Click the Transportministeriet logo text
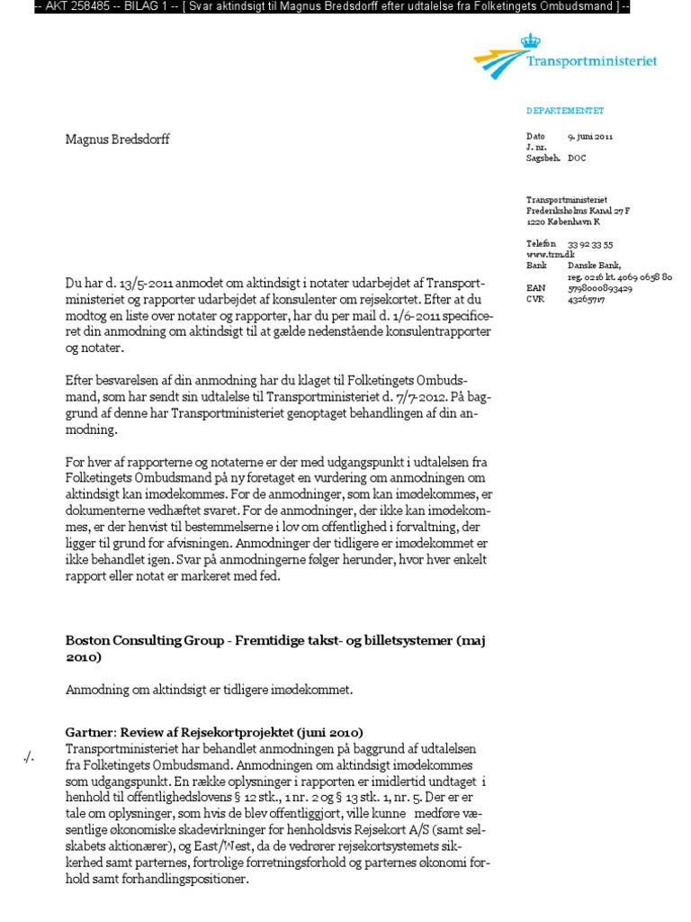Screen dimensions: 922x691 [591, 62]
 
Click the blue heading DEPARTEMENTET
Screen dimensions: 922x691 [564, 111]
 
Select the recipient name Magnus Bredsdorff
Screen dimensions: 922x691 [117, 140]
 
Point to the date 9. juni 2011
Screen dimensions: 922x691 [590, 136]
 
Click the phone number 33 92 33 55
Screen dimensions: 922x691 [590, 244]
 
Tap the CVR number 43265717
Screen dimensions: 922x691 [586, 300]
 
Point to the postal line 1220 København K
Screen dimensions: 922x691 [562, 221]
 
